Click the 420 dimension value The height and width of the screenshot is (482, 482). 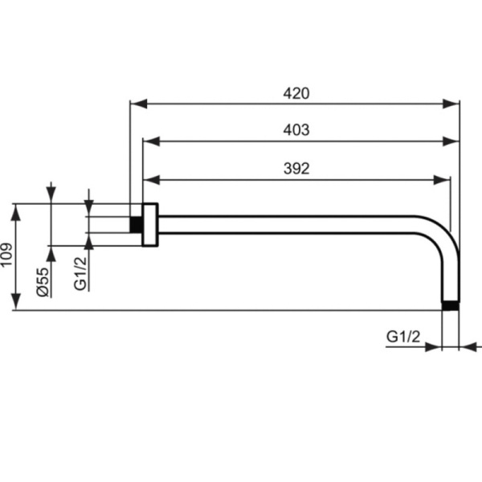coord(296,93)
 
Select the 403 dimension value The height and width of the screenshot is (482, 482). coord(296,130)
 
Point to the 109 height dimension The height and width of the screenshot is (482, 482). coord(7,257)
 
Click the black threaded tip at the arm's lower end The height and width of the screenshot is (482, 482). coord(452,304)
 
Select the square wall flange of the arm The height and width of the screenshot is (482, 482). coord(149,224)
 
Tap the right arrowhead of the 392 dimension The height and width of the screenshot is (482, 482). coord(443,179)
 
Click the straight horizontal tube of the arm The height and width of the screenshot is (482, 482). coord(289,224)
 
